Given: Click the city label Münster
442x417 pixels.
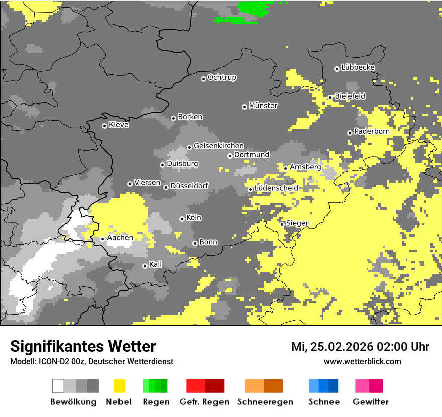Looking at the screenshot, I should pos(263,106).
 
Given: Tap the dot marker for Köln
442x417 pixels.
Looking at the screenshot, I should pos(182,219).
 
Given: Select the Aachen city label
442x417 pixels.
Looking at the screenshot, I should pos(120,238).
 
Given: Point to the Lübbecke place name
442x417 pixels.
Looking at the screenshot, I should pos(358,67).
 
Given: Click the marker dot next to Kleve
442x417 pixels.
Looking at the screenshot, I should pos(104,126).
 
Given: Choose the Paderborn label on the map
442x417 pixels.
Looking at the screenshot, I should pos(372,131).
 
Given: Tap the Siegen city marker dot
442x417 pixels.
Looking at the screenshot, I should pos(282,224).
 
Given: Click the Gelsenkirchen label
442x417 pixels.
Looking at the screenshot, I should pos(218,146).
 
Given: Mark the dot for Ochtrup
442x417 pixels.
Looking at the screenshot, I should pos(203,79).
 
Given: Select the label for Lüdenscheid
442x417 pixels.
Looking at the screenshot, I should pos(276,188).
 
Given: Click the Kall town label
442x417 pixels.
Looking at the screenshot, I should pos(156,264).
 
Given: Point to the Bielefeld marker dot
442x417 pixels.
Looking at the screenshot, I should pos(330,97).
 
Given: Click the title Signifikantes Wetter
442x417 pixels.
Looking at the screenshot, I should pos(83,346).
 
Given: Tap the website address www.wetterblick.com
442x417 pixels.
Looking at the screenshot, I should pos(362,361).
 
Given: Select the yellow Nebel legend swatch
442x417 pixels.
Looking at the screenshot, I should pos(119,386).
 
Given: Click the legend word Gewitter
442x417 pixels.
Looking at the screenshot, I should pos(370,402).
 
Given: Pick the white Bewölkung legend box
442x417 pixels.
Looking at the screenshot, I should pos(58,386).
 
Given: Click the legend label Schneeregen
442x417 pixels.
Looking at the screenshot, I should pos(265,402).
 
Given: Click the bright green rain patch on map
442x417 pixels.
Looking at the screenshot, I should pos(254,8).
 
